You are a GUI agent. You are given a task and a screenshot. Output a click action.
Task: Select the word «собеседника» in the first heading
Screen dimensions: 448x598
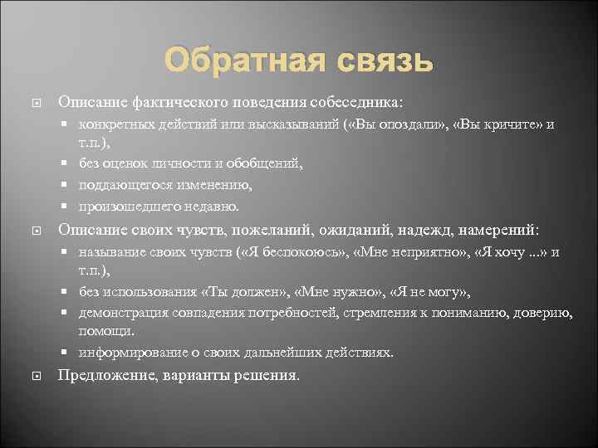(358, 102)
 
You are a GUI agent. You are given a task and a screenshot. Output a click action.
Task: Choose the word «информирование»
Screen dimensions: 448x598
(128, 352)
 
